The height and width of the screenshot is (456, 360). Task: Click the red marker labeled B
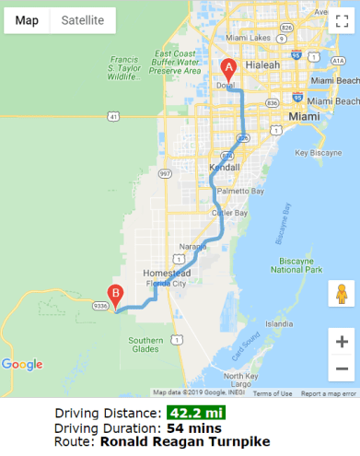click(115, 296)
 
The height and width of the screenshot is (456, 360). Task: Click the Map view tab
click(27, 20)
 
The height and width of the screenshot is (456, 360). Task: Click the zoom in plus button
click(341, 341)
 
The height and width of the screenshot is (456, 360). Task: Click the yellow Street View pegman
click(341, 294)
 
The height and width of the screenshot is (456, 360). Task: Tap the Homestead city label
click(166, 274)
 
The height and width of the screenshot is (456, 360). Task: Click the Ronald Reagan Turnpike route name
click(185, 441)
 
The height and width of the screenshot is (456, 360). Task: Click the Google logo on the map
click(22, 364)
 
